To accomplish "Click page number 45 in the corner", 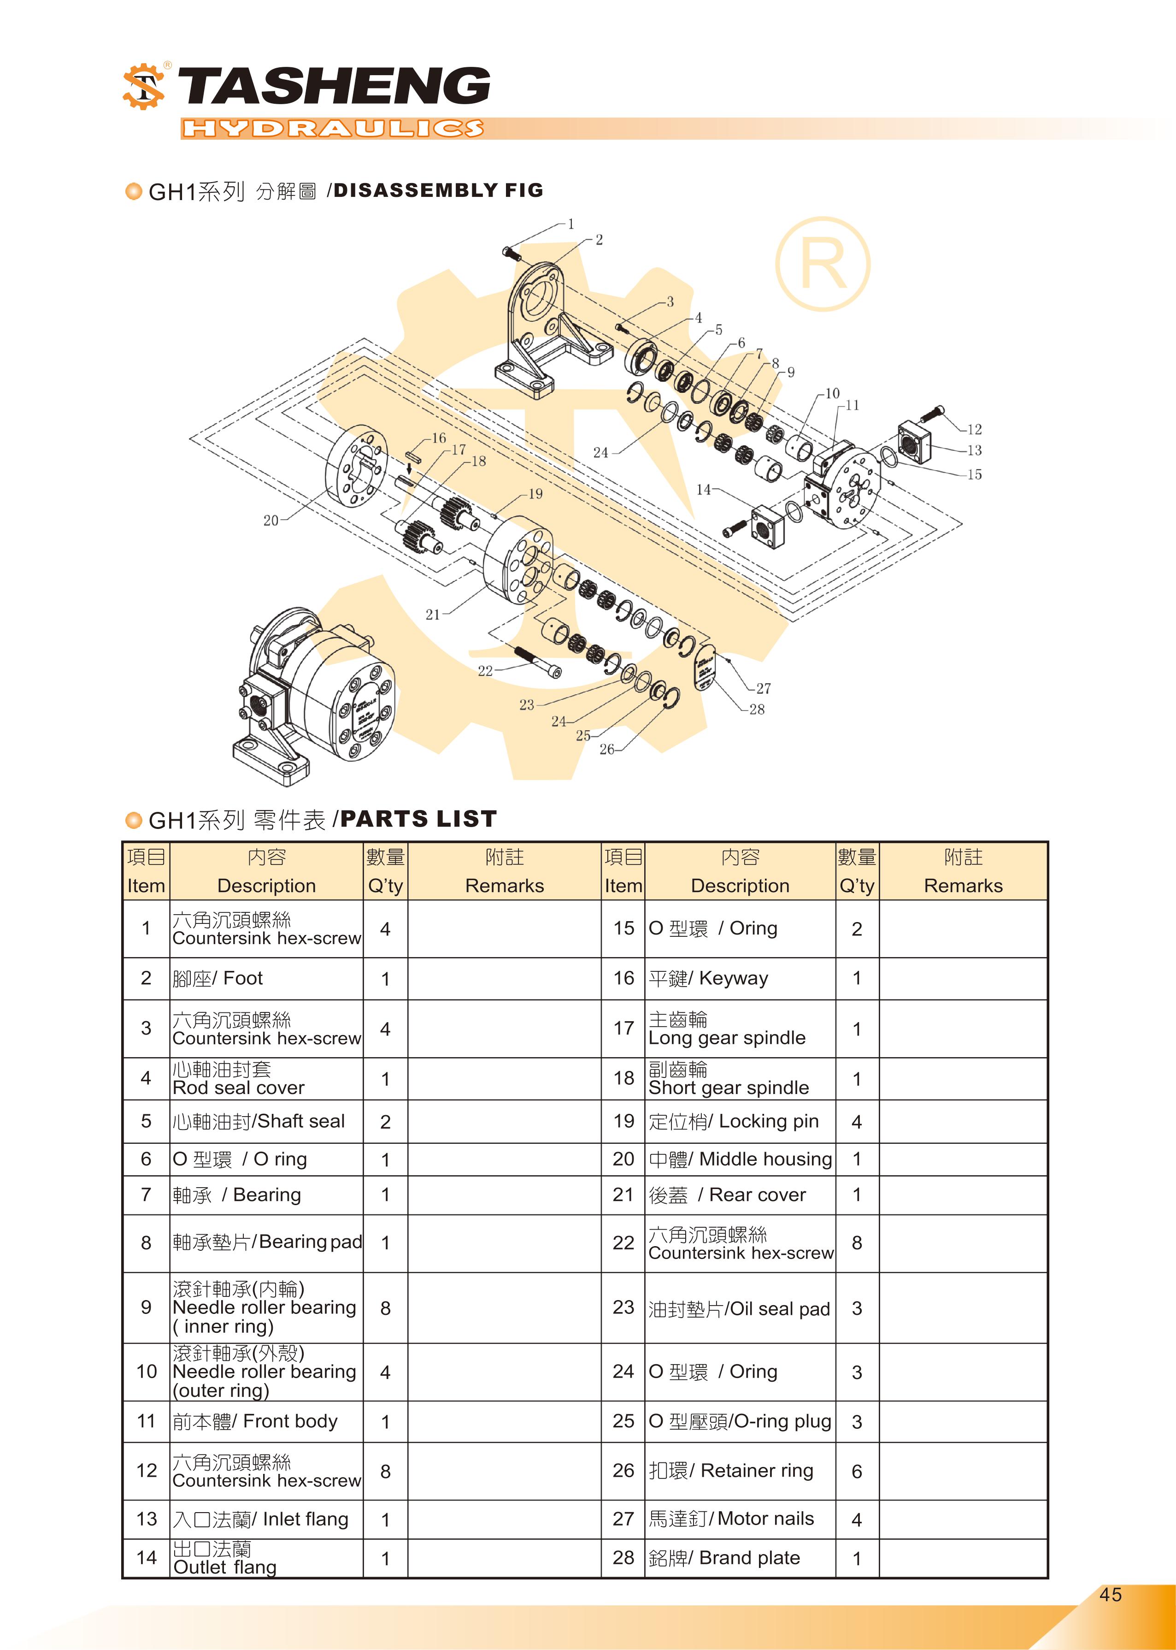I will coord(1110,1594).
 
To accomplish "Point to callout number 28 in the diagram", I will coord(757,709).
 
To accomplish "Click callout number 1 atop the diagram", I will coord(570,225).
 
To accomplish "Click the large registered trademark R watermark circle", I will coord(823,264).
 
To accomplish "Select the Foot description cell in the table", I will coord(266,979).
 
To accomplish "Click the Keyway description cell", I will coord(739,979).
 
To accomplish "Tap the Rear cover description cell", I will coord(739,1195).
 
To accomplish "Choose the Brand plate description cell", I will coord(739,1558).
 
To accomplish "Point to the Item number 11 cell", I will coord(146,1421).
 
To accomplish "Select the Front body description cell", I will coord(266,1421).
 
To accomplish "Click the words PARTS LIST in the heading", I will coord(418,819).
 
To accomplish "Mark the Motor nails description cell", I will coord(739,1519).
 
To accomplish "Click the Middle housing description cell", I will coord(739,1159).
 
